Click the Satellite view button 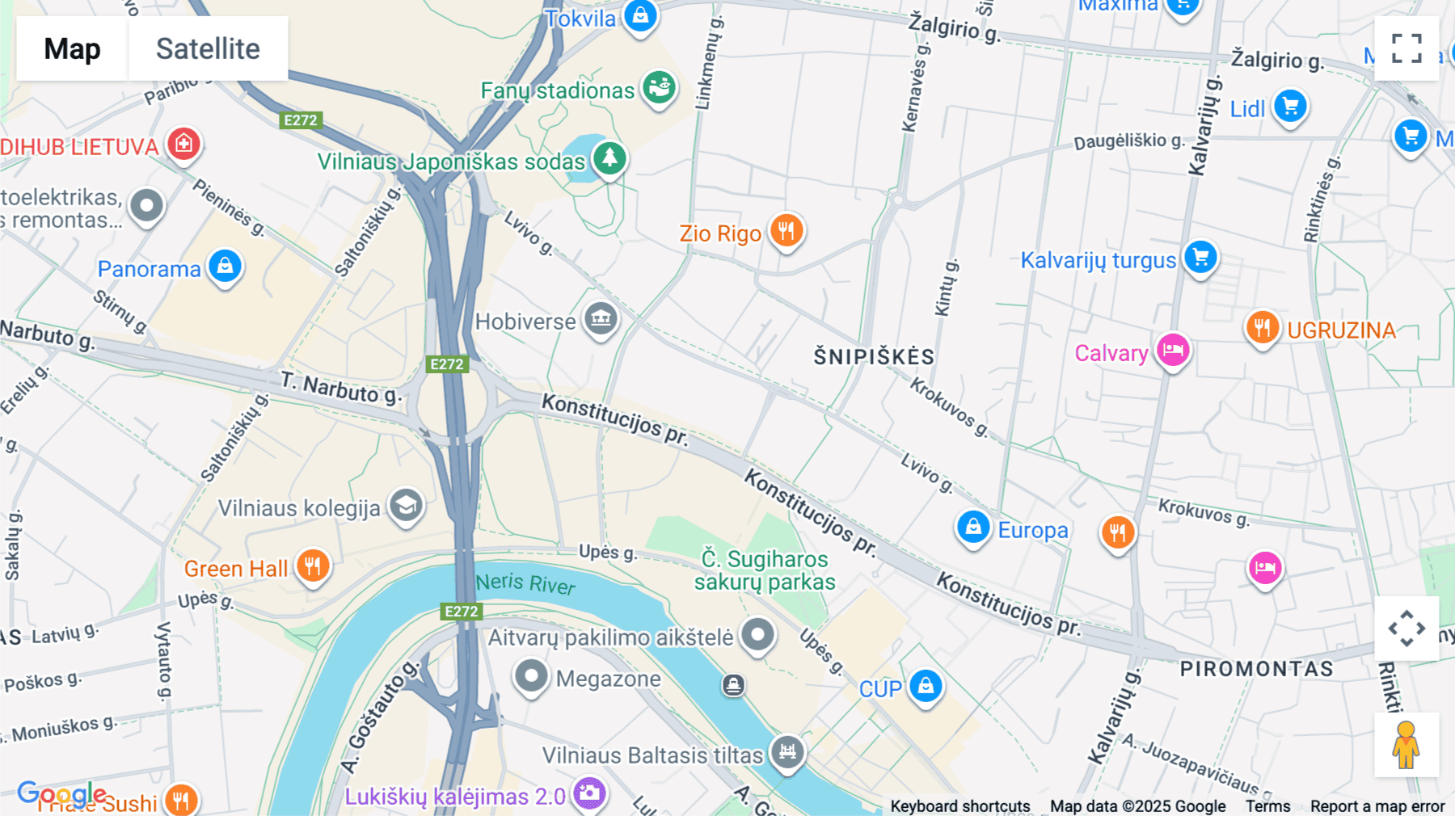208,48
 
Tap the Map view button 72,48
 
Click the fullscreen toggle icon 1406,48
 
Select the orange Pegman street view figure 1406,745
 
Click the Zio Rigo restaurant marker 786,231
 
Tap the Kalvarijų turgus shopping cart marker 1200,258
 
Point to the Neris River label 525,583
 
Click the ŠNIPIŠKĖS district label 874,356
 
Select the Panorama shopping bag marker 225,266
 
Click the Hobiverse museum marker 601,319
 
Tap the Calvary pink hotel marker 1172,351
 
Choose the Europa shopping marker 973,528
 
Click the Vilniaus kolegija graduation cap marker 406,506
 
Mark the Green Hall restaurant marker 313,566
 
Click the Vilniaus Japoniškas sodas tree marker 609,158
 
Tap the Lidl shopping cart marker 1290,107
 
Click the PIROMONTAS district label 1256,669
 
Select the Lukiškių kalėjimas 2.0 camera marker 589,793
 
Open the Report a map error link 1377,806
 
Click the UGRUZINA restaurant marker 1262,328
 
